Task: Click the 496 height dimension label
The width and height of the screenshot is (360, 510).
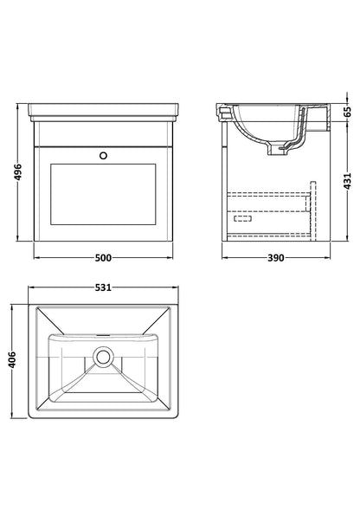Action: [18, 172]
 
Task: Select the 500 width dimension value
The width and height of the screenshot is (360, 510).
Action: [103, 258]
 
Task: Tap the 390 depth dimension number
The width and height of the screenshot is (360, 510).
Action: [276, 258]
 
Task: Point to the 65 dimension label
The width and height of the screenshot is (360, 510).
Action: [348, 112]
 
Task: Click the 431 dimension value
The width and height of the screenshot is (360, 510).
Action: [348, 181]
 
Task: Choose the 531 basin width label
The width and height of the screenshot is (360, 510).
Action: [103, 287]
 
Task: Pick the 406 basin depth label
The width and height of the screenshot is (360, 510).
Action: [12, 359]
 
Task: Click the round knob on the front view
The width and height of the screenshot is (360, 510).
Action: [103, 156]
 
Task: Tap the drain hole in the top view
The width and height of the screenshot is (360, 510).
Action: [104, 358]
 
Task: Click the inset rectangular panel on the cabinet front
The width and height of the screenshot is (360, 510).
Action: [103, 195]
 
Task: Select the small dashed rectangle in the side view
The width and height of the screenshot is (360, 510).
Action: [242, 218]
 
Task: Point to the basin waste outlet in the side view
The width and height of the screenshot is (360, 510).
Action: [275, 150]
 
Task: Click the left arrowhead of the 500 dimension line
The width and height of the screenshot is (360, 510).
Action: [36, 258]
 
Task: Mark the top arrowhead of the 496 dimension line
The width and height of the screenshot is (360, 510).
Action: [17, 107]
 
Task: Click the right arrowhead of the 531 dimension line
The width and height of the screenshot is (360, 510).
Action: [176, 287]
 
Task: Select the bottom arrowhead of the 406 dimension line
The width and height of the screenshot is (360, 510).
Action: [12, 416]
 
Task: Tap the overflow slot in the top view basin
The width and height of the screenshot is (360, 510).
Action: [104, 335]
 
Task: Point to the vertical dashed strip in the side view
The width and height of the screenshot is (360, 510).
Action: [313, 210]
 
